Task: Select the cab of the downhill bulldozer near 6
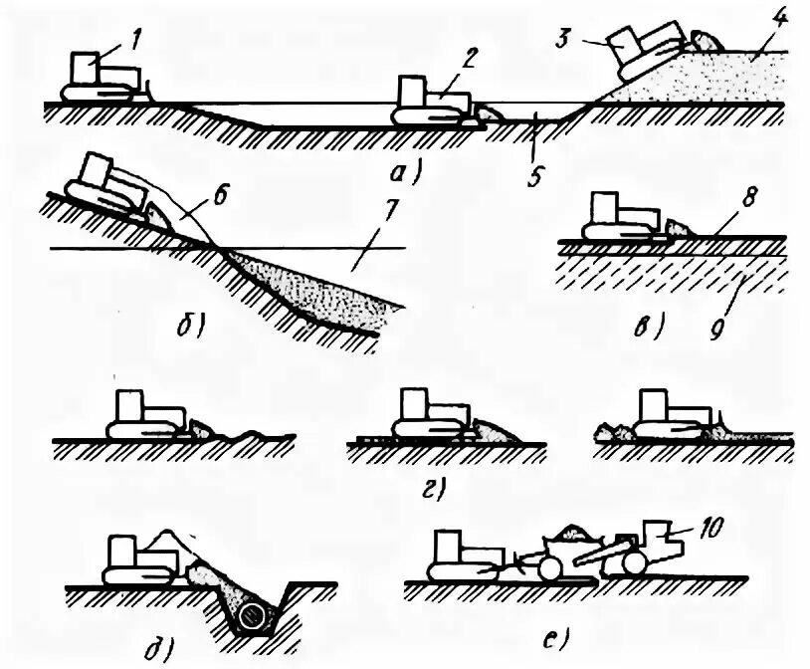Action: click(100, 168)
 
